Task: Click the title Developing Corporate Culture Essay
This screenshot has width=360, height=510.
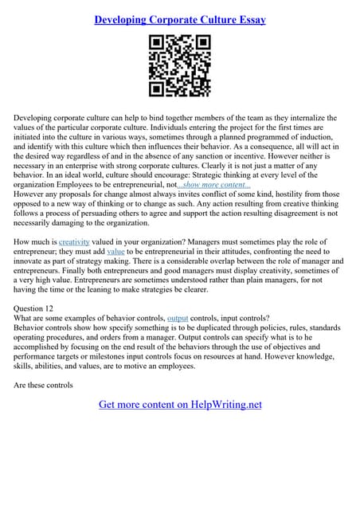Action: (x=180, y=19)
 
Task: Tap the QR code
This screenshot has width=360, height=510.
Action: (x=180, y=67)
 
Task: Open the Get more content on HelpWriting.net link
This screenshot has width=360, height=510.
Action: (x=180, y=404)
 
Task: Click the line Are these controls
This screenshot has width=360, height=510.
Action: (x=43, y=386)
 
